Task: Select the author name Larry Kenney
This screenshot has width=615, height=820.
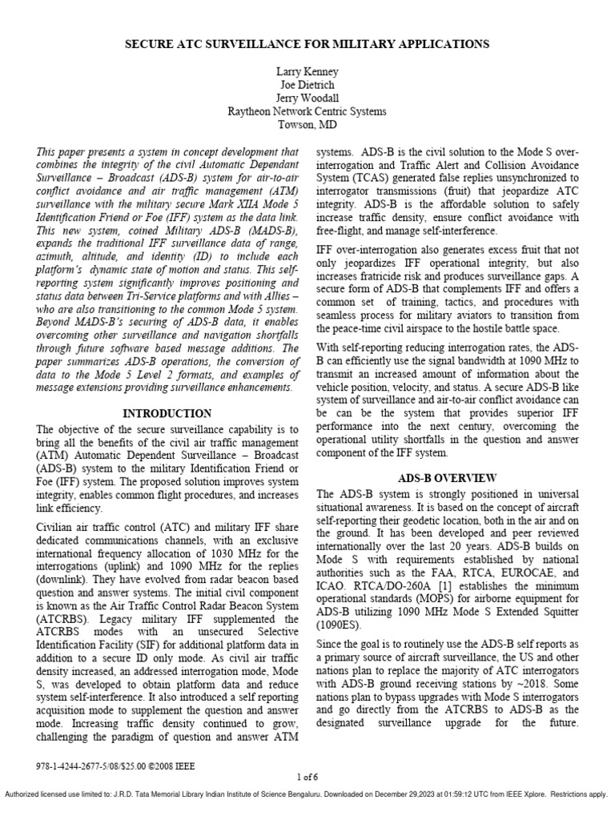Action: point(307,72)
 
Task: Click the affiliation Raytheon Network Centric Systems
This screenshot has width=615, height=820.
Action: point(307,111)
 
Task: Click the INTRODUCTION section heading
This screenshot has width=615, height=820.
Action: point(167,414)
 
